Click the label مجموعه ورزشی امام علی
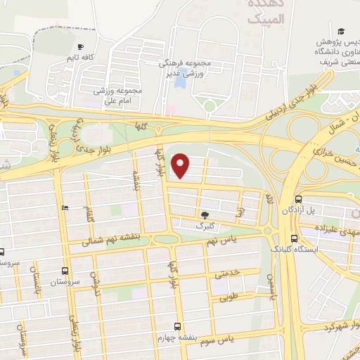point(118,96)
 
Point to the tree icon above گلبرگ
point(205,214)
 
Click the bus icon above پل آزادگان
point(299,200)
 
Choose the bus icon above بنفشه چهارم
point(176,326)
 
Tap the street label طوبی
point(229,297)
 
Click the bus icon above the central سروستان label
point(65,270)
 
